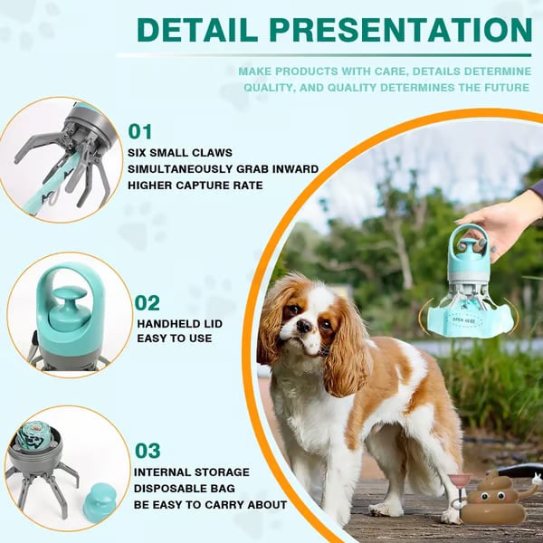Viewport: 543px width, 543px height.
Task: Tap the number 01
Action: click(x=140, y=131)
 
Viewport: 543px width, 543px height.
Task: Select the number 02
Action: click(x=147, y=302)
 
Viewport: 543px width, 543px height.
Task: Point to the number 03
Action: click(x=148, y=450)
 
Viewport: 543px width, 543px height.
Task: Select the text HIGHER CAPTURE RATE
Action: click(x=195, y=186)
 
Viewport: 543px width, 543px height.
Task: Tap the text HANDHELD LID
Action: click(x=179, y=323)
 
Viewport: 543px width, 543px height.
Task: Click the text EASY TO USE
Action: click(x=175, y=338)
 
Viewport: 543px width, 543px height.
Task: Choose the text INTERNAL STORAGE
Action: click(x=191, y=472)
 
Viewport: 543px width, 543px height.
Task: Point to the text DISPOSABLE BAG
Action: click(x=186, y=489)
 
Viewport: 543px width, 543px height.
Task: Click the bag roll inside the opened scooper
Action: click(x=34, y=435)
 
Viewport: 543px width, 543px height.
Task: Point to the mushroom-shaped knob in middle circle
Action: click(x=67, y=308)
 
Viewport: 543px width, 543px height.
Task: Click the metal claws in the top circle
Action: click(x=68, y=158)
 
